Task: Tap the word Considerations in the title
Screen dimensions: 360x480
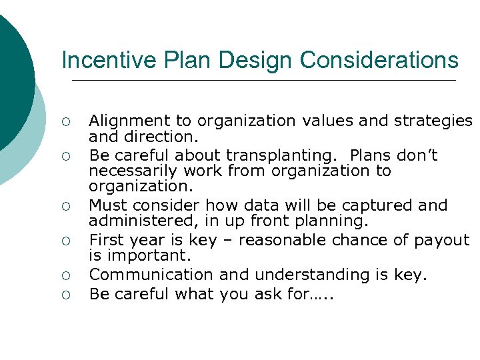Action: coord(379,61)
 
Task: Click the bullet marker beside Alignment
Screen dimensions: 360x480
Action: coord(66,122)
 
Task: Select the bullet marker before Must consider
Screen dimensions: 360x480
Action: coord(66,206)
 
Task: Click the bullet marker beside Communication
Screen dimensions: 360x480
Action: coord(66,275)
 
